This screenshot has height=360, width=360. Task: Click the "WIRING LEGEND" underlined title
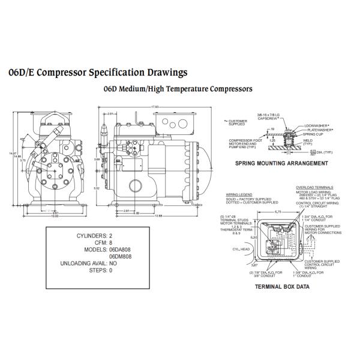pos(236,195)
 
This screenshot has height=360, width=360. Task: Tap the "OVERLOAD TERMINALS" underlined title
pos(313,187)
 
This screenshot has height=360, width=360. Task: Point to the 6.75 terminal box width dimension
pos(278,211)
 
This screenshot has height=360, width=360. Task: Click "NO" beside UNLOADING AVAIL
pos(113,263)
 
